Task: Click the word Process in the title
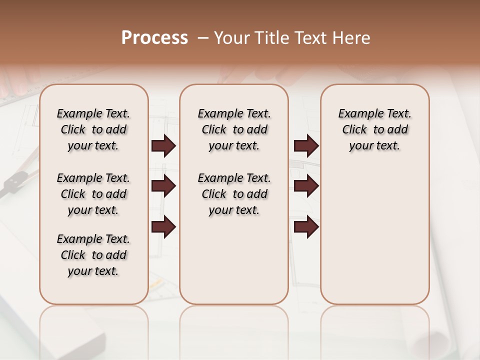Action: pyautogui.click(x=154, y=38)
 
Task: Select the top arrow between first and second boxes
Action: pyautogui.click(x=163, y=145)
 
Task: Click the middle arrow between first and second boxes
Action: pyautogui.click(x=163, y=186)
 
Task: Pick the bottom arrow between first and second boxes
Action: pyautogui.click(x=163, y=226)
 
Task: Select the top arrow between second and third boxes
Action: pyautogui.click(x=306, y=145)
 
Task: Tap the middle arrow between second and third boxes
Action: pyautogui.click(x=306, y=186)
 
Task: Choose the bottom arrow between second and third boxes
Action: pyautogui.click(x=306, y=226)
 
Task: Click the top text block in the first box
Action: pyautogui.click(x=93, y=129)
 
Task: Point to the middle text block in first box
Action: pyautogui.click(x=93, y=194)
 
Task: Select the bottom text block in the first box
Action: pyautogui.click(x=93, y=255)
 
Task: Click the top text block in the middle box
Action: pyautogui.click(x=234, y=129)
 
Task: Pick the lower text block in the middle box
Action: pyautogui.click(x=234, y=194)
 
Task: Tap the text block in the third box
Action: pyautogui.click(x=374, y=129)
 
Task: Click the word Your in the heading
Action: pyautogui.click(x=232, y=38)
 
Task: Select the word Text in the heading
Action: pyautogui.click(x=311, y=38)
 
